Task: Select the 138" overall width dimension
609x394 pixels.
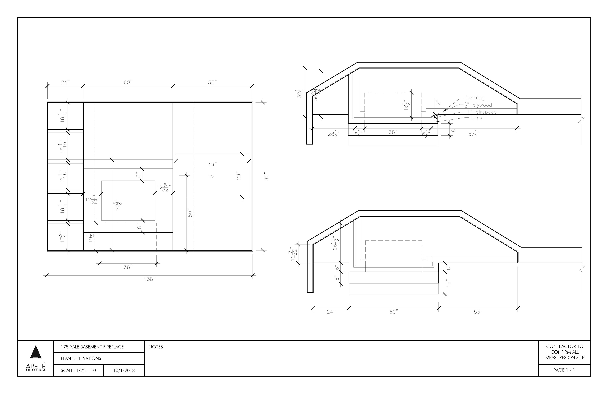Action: click(149, 279)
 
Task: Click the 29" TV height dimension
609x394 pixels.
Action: click(239, 176)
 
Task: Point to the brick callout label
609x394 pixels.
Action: click(476, 118)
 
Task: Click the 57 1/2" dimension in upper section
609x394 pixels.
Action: click(474, 134)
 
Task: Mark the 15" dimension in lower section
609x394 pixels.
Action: click(448, 283)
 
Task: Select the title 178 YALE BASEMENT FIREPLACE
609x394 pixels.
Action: click(92, 347)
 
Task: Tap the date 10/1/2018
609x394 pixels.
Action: click(124, 371)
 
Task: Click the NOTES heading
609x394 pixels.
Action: click(156, 347)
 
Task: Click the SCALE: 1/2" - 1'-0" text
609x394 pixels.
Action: click(79, 371)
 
